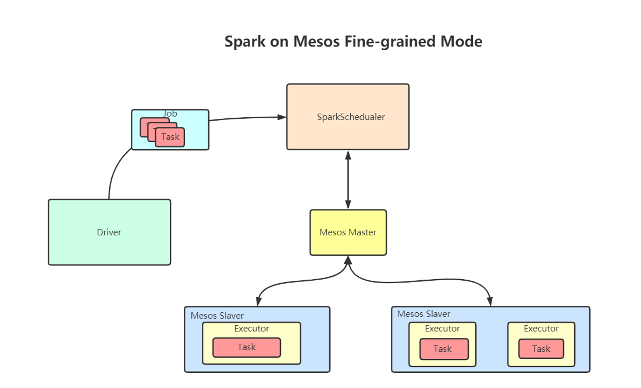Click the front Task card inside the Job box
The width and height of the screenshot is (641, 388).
[170, 137]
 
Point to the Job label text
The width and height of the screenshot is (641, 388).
[170, 114]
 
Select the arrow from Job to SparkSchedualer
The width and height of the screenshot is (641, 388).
[244, 118]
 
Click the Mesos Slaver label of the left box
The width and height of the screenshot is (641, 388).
[218, 316]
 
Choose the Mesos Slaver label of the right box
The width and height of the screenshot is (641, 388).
[423, 314]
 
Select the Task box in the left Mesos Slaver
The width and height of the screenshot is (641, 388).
[247, 347]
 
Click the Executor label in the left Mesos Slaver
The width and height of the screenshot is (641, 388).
[251, 329]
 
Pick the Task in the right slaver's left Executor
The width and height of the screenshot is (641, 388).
[443, 349]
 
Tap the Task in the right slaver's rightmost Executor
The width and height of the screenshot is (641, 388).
[541, 349]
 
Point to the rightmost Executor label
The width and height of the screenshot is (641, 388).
[541, 329]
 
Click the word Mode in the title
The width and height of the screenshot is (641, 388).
[461, 42]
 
